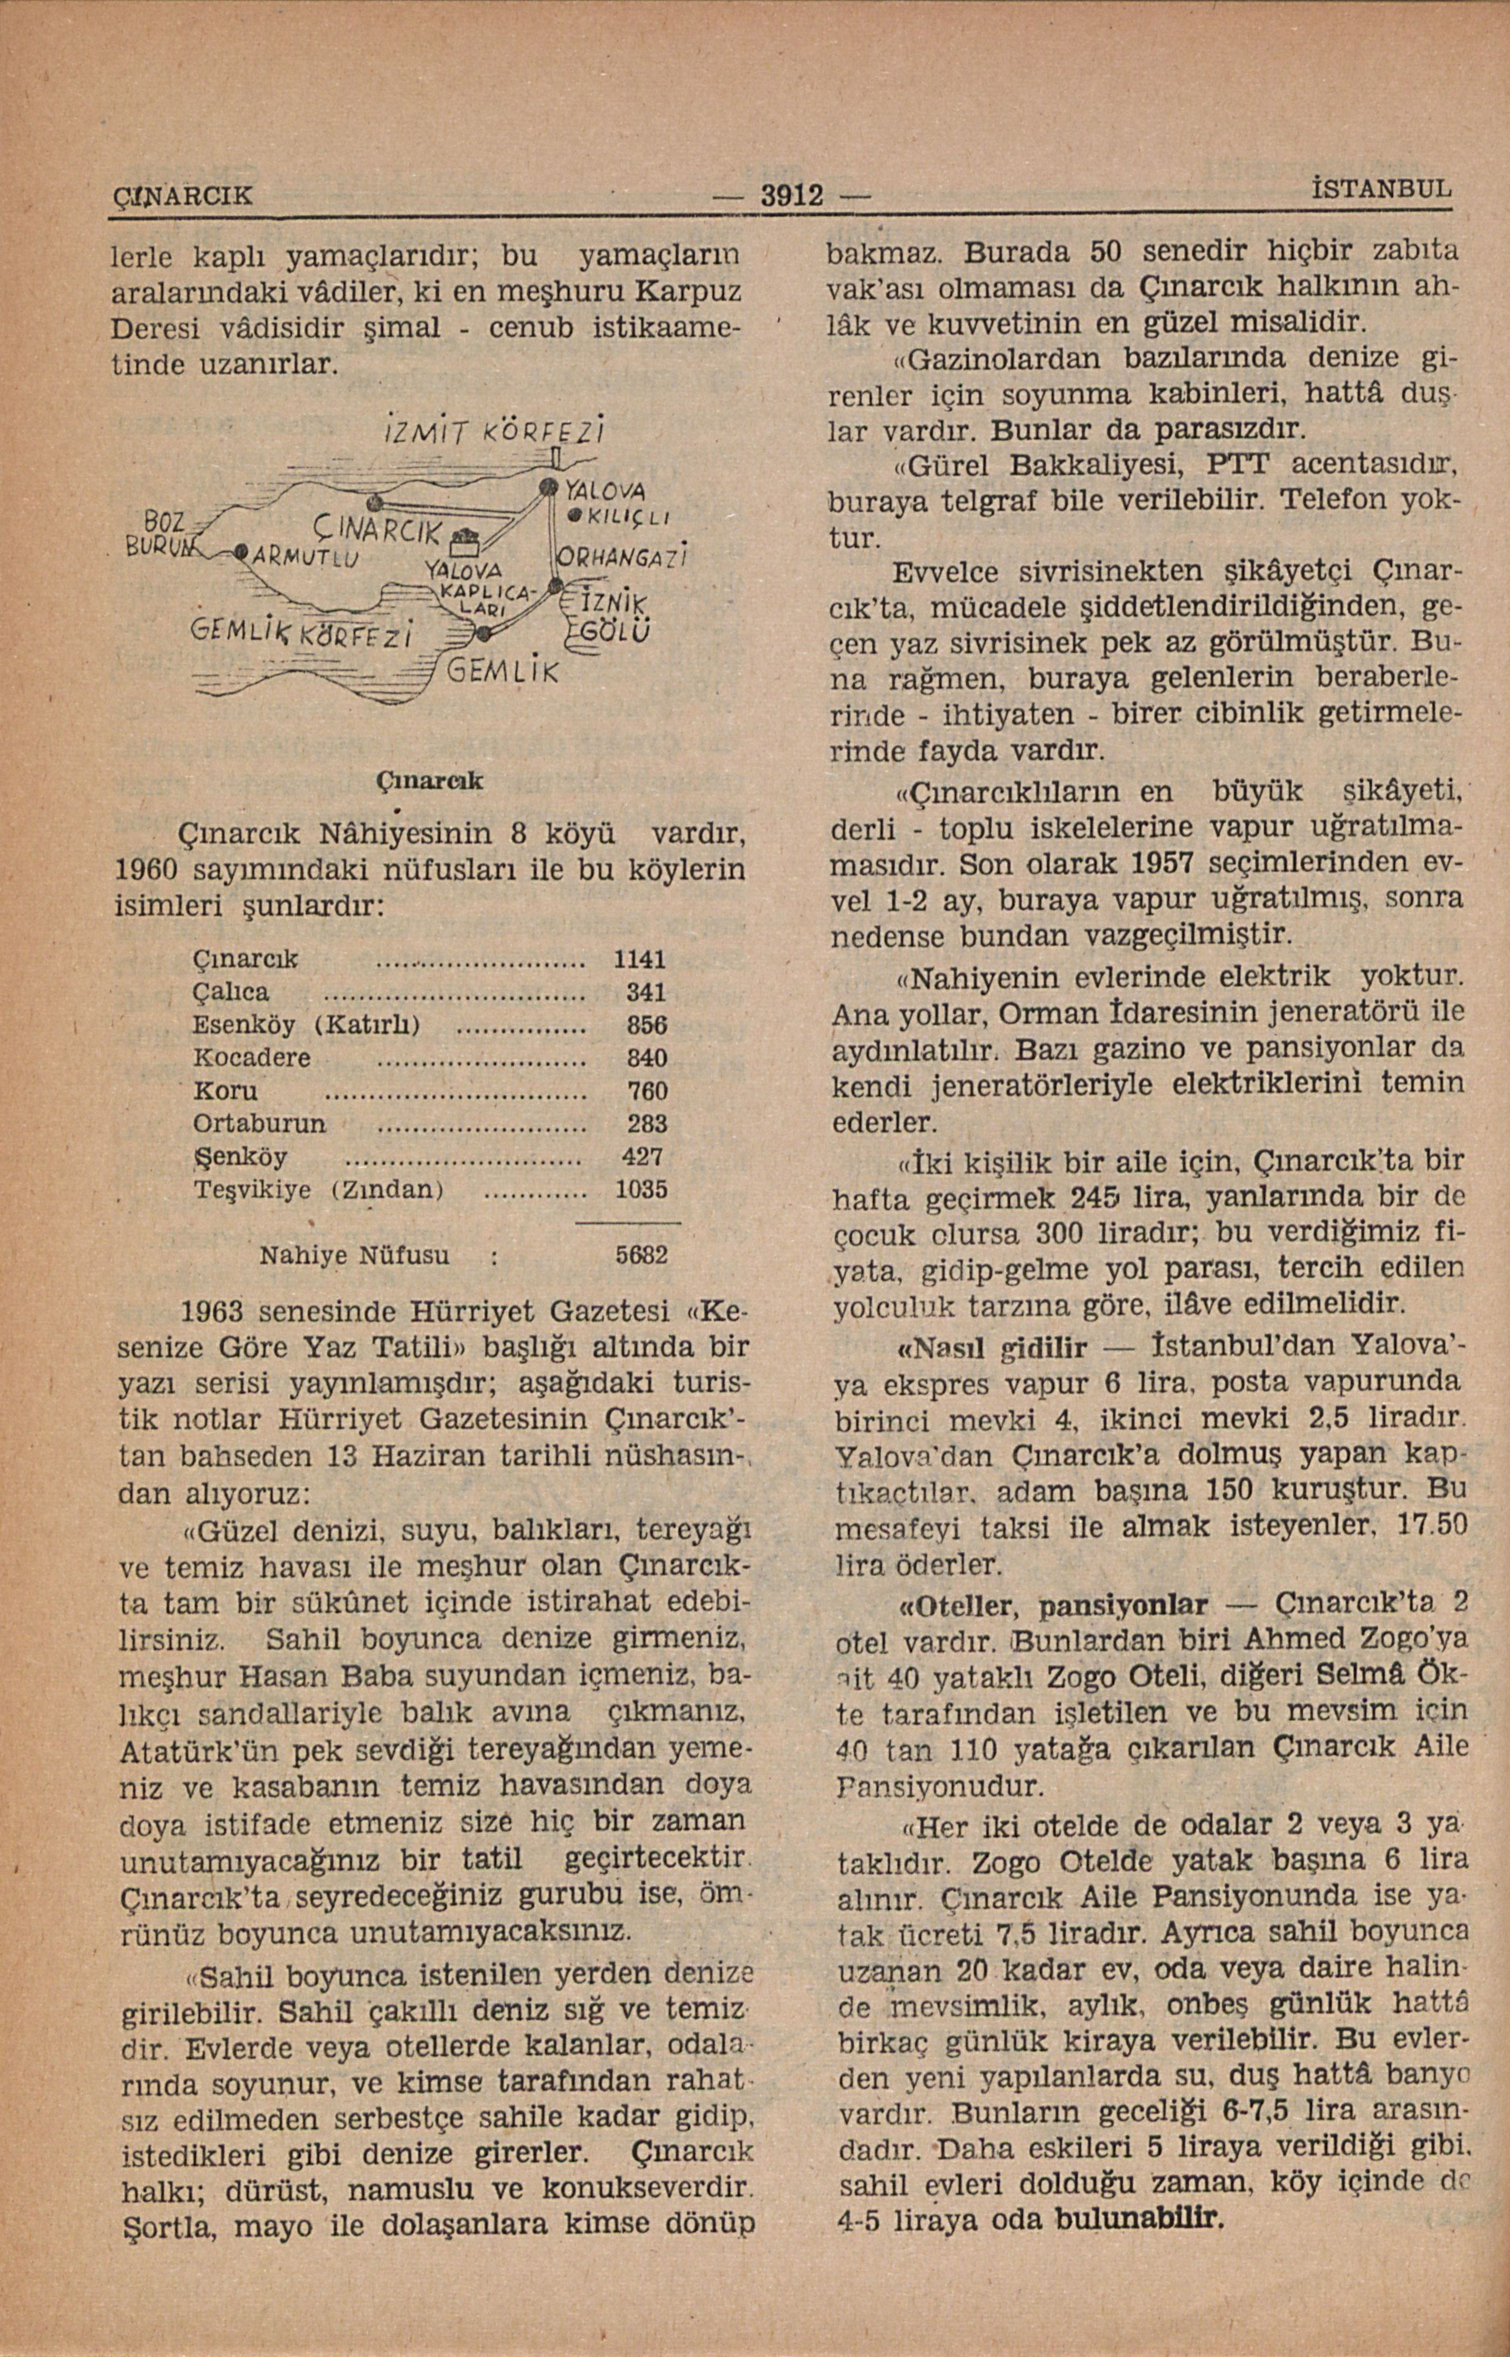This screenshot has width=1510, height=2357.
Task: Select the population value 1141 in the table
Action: click(639, 958)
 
